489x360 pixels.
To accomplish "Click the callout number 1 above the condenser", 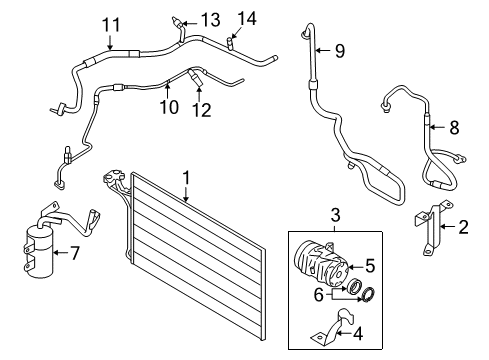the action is coord(186,178).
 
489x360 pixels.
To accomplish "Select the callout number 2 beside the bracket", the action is coord(463,227).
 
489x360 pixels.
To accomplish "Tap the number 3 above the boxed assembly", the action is coord(335,215).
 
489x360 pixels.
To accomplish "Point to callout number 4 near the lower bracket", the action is coord(358,333).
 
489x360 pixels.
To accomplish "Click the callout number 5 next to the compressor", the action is coord(370,266).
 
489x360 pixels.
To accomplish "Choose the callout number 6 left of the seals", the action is coord(319,295).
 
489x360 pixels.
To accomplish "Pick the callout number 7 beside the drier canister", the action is coord(75,253).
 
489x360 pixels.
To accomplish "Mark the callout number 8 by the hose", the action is coord(454,127).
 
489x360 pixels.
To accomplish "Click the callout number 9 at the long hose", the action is coord(340,51).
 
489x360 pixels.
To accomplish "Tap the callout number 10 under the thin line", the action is coord(169,107).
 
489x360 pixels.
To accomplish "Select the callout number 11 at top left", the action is coord(111,25).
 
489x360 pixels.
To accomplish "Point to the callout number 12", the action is coord(202,110).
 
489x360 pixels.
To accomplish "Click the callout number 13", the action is coord(211,20).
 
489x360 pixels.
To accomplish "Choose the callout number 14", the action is coord(247,18).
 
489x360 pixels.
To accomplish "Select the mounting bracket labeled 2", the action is coord(432,227).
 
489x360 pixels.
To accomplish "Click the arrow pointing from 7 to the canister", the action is coord(61,253).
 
